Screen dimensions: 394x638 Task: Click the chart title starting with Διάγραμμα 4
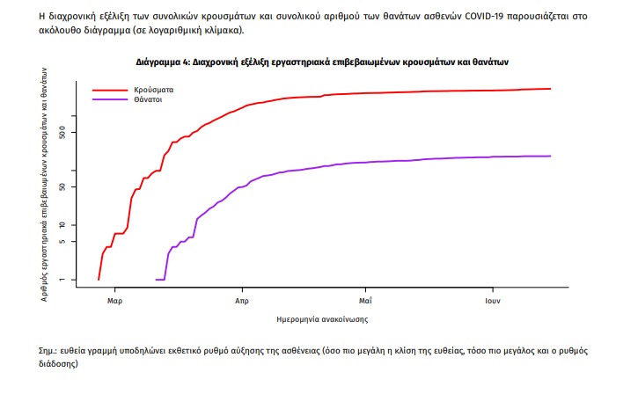322,63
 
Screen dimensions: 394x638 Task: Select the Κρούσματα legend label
154,90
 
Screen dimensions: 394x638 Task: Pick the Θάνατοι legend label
150,99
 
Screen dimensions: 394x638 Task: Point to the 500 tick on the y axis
74,132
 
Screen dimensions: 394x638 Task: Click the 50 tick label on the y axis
74,186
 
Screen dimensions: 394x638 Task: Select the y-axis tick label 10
74,225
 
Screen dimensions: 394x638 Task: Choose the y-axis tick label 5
74,242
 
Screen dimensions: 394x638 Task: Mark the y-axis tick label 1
74,280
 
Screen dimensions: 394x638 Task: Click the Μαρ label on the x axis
114,301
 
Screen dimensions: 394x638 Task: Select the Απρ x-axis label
240,301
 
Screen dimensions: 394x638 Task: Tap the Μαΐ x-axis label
364,301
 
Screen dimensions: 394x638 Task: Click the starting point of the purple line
156,280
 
